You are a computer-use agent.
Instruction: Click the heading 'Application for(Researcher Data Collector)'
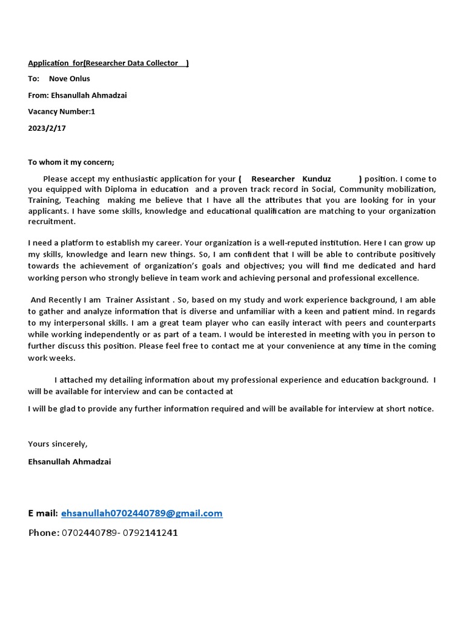(108, 63)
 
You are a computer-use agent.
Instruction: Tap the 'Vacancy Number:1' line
(61, 111)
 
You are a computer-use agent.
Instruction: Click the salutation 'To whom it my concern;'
(71, 162)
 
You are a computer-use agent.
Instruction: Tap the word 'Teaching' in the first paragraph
(82, 200)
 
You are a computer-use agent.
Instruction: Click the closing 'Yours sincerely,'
(58, 444)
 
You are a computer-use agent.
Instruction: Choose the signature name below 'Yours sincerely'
(69, 461)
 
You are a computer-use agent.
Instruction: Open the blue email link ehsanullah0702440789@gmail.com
(142, 513)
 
